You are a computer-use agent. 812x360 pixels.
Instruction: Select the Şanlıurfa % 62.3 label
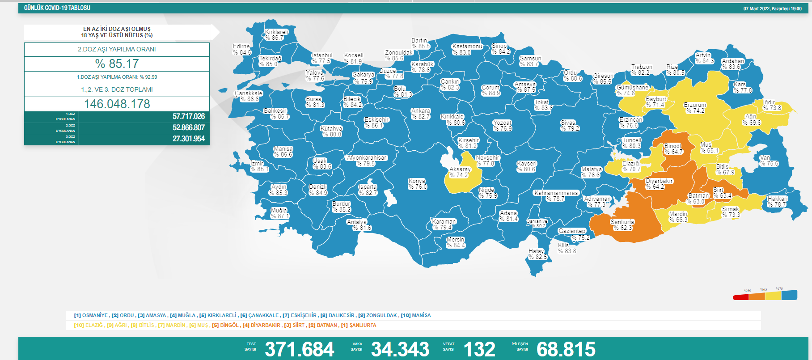[x=622, y=225]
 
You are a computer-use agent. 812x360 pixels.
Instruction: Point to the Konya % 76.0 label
[x=417, y=184]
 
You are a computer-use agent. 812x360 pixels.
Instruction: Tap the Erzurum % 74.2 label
[x=694, y=108]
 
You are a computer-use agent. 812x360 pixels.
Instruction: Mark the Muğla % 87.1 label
[x=279, y=213]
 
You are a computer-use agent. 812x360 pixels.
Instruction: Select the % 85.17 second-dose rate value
[x=117, y=64]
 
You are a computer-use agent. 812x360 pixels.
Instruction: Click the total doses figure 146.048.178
[x=117, y=104]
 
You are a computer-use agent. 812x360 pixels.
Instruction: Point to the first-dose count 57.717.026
[x=188, y=117]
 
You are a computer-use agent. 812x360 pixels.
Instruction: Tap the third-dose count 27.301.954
[x=188, y=139]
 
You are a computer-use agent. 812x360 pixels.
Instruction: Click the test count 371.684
[x=299, y=349]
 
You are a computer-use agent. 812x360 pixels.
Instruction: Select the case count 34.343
[x=400, y=349]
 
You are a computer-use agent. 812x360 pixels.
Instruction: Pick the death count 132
[x=479, y=349]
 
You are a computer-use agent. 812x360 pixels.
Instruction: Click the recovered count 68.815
[x=566, y=349]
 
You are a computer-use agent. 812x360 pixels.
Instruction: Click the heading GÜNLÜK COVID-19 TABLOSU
[x=57, y=8]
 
